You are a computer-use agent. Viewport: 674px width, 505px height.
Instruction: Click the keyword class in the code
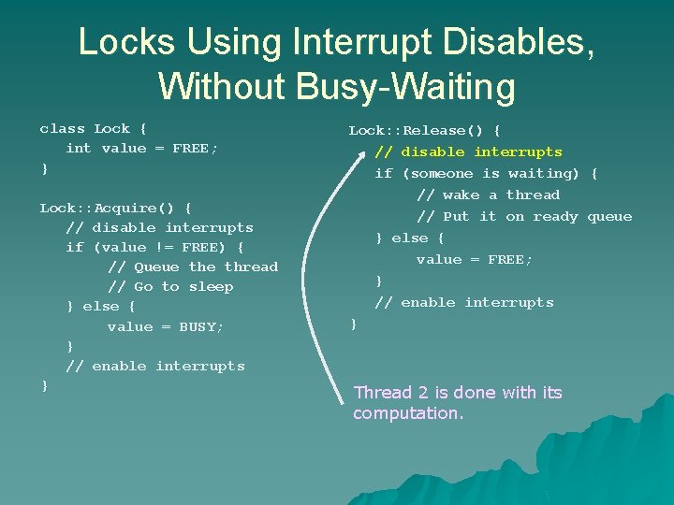[x=62, y=129]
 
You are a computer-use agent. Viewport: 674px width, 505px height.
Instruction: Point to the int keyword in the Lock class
[x=79, y=149]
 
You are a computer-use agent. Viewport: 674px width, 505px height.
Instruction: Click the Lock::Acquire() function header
[x=115, y=208]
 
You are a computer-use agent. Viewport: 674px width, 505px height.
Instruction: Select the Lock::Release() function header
[x=424, y=131]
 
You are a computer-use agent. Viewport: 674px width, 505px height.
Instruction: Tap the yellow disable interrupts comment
[x=468, y=152]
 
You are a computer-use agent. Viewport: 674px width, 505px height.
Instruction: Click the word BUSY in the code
[x=201, y=327]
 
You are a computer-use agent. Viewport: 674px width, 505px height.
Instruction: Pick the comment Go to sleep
[x=170, y=287]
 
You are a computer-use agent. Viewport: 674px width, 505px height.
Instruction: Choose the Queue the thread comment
[x=193, y=267]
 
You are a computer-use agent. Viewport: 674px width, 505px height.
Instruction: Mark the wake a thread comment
[x=488, y=195]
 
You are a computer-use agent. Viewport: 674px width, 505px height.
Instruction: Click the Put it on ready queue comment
[x=524, y=217]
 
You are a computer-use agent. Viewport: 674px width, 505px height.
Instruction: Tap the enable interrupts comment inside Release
[x=464, y=303]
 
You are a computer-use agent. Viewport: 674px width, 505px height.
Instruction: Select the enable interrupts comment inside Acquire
[x=155, y=367]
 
